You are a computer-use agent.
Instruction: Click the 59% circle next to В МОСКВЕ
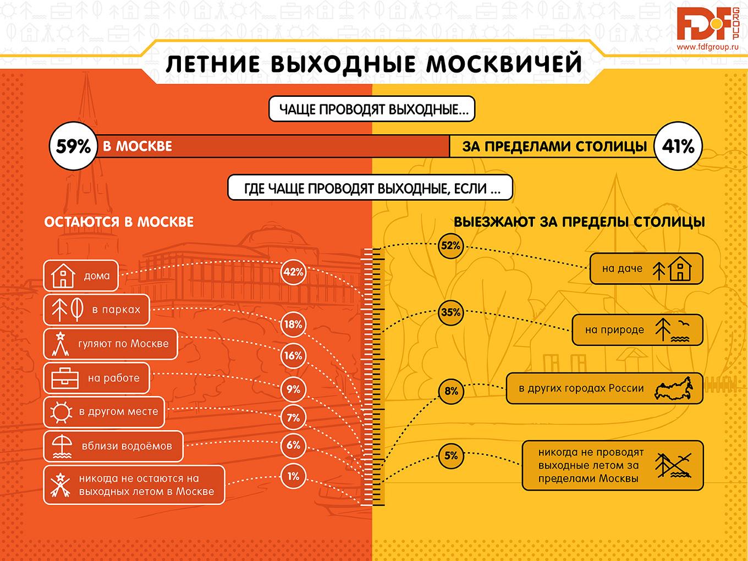point(73,147)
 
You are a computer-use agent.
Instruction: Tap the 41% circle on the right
point(678,147)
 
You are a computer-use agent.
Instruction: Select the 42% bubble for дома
point(293,272)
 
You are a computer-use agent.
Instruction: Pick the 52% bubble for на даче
point(450,246)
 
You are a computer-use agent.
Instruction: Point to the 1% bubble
point(293,476)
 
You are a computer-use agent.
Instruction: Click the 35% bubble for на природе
point(450,312)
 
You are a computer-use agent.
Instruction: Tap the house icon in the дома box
point(62,276)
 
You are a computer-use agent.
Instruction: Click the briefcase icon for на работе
point(65,378)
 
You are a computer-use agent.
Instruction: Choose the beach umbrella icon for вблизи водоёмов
point(61,446)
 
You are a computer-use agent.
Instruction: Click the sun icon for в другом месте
point(61,412)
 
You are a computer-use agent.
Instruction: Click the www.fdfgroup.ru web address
point(708,47)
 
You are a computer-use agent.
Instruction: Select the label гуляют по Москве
point(123,344)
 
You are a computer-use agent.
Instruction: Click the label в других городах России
point(581,388)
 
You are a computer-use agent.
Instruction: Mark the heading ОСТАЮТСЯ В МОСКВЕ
point(119,222)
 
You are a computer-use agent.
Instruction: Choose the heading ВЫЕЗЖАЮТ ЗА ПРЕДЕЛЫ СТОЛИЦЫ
point(579,222)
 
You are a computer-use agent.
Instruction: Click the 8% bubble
point(451,391)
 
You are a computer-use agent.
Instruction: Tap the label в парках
point(116,310)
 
